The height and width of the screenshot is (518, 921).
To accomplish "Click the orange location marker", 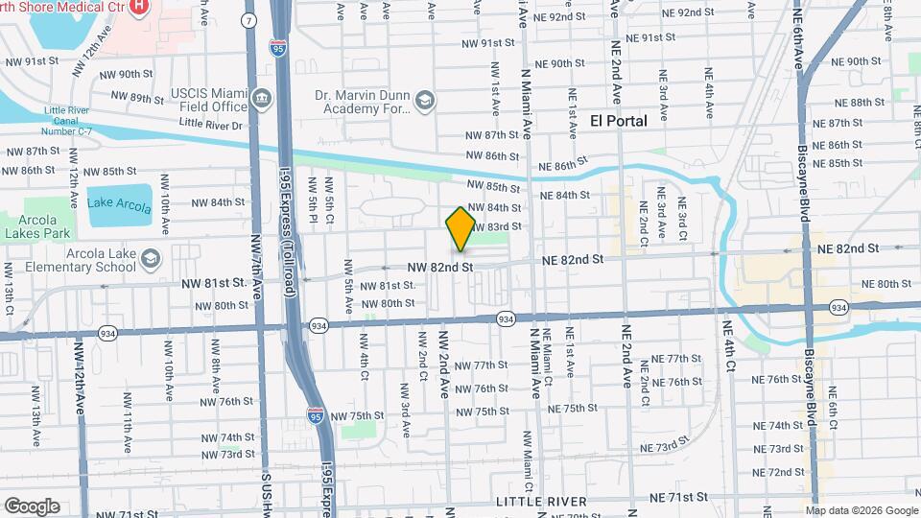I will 460,229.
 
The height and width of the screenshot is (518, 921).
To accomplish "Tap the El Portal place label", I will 618,121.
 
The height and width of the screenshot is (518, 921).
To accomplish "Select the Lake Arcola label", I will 120,202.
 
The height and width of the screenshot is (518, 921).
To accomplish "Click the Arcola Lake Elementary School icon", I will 151,258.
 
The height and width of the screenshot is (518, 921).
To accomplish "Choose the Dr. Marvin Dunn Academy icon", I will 424,100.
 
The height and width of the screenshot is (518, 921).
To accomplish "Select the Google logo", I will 32,506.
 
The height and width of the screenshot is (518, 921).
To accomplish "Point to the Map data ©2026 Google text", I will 862,511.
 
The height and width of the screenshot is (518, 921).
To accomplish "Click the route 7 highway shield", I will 250,20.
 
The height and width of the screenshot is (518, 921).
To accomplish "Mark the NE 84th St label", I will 565,195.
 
